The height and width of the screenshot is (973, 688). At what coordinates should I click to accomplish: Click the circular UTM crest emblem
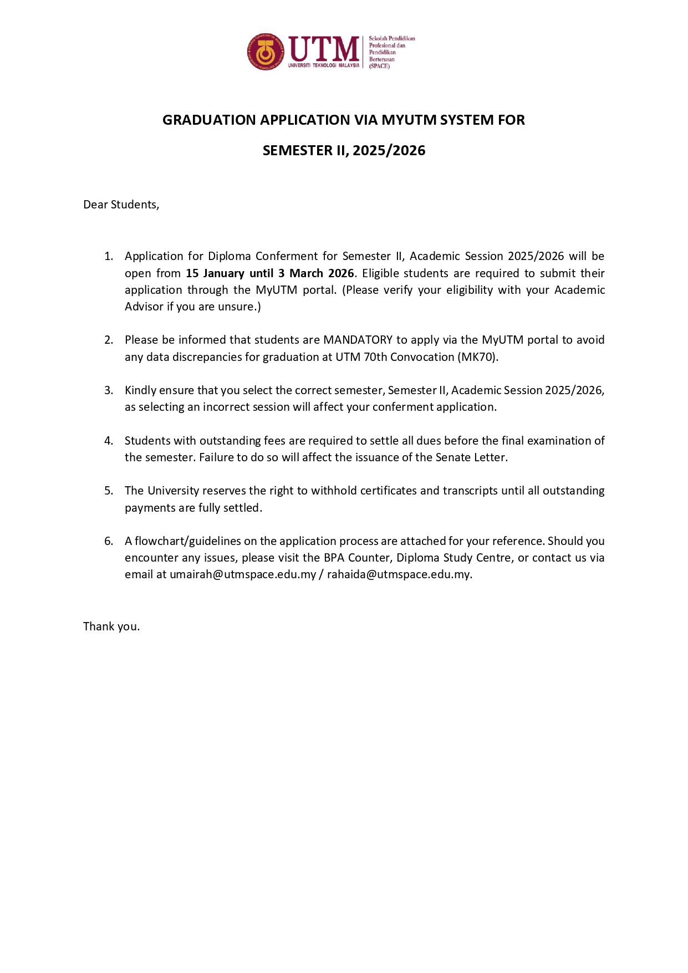pos(266,52)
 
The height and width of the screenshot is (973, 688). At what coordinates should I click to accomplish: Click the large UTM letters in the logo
pos(324,49)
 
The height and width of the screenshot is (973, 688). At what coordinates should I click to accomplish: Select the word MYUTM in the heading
pos(409,120)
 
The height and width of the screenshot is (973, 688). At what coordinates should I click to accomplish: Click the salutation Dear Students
pos(121,205)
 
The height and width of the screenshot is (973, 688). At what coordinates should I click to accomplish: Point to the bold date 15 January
pos(215,273)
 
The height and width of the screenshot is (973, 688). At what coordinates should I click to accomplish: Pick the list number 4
pos(109,441)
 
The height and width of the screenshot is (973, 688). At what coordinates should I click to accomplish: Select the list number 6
pos(109,541)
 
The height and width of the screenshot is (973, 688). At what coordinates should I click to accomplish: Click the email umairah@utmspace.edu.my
pos(243,574)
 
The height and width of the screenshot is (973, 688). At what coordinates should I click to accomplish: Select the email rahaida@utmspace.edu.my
pos(399,574)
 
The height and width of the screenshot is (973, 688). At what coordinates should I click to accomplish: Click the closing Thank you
pos(111,626)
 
